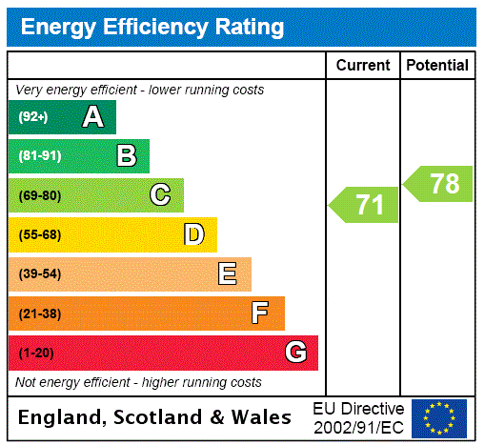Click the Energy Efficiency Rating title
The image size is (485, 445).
point(152,27)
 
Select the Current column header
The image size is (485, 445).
point(363,66)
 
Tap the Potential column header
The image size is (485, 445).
point(437,66)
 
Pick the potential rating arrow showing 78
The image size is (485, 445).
point(439,184)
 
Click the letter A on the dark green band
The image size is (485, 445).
point(92,117)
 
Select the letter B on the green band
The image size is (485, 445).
point(126,156)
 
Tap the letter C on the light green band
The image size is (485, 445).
point(160,195)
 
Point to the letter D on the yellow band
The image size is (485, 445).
point(193,234)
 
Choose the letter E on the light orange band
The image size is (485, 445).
point(228,274)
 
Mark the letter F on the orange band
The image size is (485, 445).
point(260,314)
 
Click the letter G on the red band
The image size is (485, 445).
point(295,353)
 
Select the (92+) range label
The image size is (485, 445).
point(33,117)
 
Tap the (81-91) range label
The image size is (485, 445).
point(39,156)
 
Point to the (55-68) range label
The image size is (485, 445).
point(39,234)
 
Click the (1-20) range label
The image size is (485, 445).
point(36,353)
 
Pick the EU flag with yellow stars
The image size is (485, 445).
point(439,418)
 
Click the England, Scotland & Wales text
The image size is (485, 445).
point(155,417)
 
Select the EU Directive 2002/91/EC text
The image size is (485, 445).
point(358,417)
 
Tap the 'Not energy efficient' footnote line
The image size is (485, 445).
point(138,382)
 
